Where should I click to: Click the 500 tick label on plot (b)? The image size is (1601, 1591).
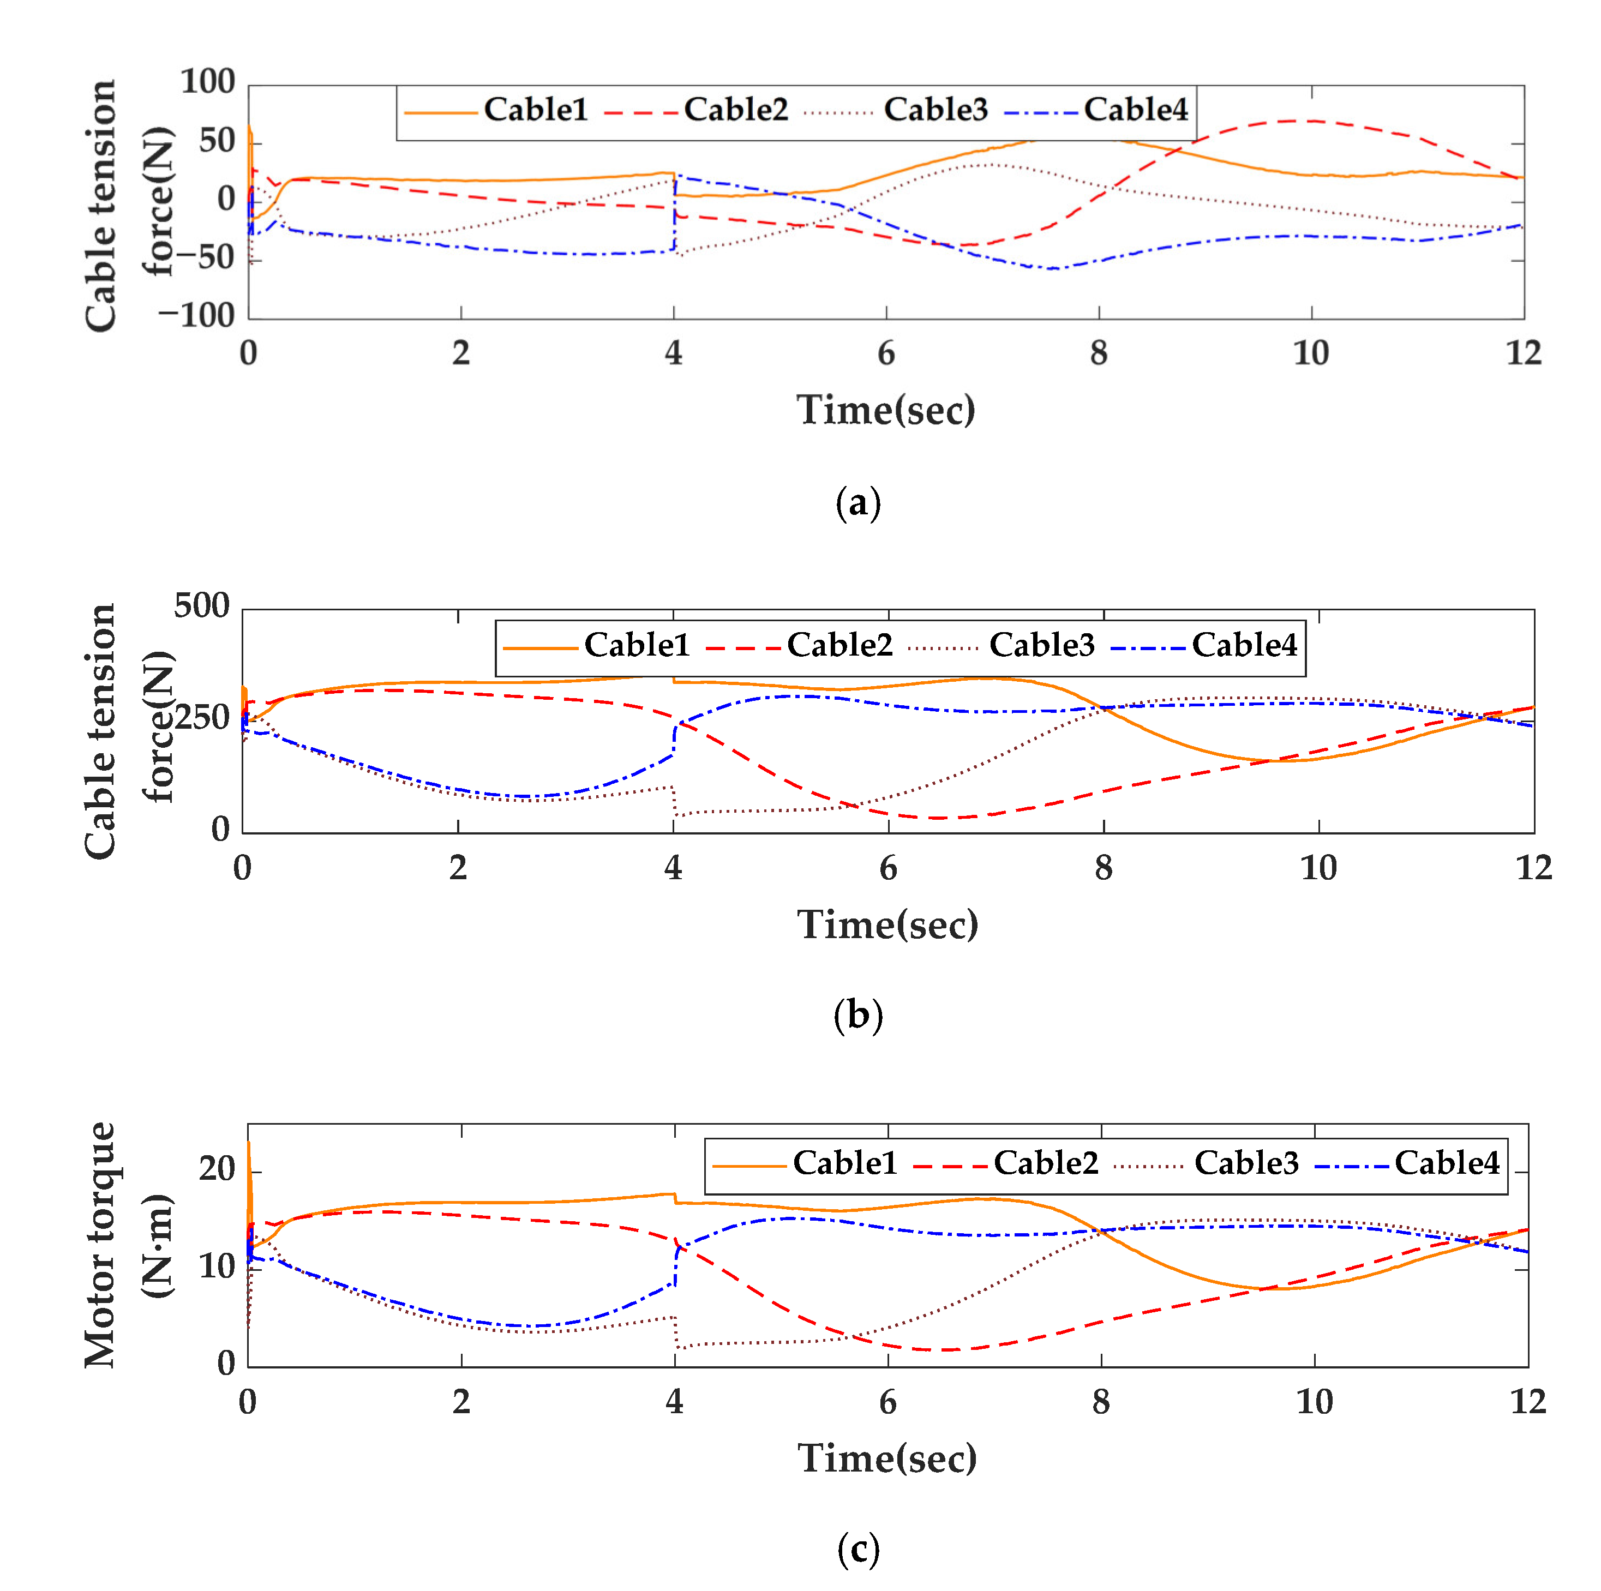pos(201,606)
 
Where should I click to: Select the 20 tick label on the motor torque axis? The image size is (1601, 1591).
pos(217,1169)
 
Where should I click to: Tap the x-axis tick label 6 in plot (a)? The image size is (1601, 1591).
pos(886,354)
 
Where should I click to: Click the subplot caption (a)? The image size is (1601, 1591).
pos(858,503)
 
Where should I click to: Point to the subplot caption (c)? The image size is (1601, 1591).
pos(858,1549)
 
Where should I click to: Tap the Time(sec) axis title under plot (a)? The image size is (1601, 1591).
pos(886,410)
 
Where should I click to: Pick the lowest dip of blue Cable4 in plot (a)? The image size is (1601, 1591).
pos(1052,268)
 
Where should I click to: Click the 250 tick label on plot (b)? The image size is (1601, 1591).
pos(201,718)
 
